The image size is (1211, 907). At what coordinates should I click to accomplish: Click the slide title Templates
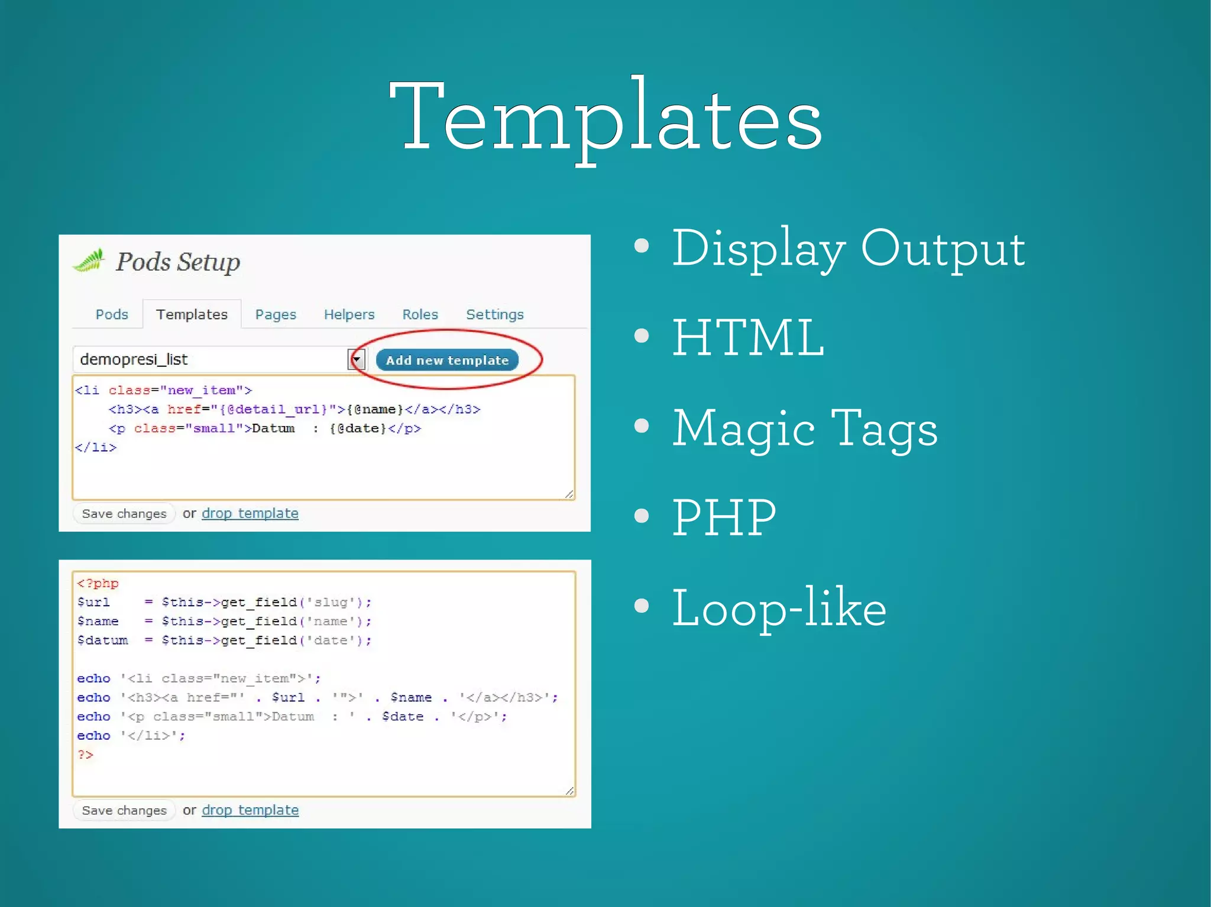[605, 118]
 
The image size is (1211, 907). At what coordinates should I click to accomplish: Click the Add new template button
[447, 360]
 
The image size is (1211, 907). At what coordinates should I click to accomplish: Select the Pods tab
[112, 314]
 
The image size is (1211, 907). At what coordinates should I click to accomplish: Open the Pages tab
[276, 314]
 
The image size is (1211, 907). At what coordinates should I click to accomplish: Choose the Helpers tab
[349, 314]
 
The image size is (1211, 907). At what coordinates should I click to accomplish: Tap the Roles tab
[420, 314]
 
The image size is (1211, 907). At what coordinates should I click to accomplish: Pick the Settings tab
[494, 314]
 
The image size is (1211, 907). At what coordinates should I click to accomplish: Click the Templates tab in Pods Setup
[192, 314]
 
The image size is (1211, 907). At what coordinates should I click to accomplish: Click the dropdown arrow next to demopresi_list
[356, 359]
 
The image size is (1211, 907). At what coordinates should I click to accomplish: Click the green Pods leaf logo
[89, 261]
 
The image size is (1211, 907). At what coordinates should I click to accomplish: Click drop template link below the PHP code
[250, 810]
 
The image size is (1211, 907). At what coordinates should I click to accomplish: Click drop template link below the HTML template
[250, 513]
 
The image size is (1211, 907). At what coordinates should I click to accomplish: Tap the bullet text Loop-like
[779, 609]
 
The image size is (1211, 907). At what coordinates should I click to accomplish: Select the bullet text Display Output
[848, 248]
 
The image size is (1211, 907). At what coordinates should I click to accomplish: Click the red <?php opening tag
[98, 584]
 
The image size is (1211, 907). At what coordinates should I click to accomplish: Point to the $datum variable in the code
[102, 641]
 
